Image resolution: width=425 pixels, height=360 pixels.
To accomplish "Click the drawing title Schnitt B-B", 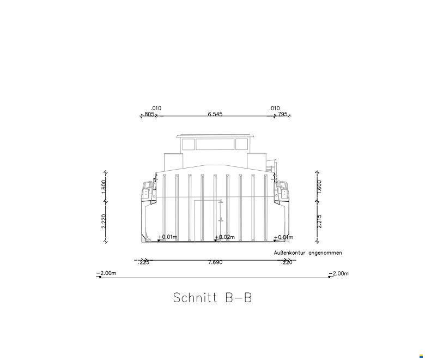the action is click(212, 298).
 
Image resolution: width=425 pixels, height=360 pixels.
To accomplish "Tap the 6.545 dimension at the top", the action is click(215, 114).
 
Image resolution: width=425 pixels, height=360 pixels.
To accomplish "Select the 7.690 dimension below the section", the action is click(215, 262).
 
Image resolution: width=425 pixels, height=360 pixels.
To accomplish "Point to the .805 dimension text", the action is click(149, 114).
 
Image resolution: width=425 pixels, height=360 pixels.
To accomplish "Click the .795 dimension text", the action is click(282, 114).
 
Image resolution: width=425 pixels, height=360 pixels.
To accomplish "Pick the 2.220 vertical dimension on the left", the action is click(104, 221).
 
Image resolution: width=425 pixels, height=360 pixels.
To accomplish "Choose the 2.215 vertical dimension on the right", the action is click(319, 221).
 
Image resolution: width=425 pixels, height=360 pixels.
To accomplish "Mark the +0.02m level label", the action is click(224, 237).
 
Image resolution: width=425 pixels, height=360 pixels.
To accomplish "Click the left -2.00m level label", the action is click(106, 273).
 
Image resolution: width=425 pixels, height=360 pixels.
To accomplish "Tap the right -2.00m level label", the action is click(338, 273).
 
